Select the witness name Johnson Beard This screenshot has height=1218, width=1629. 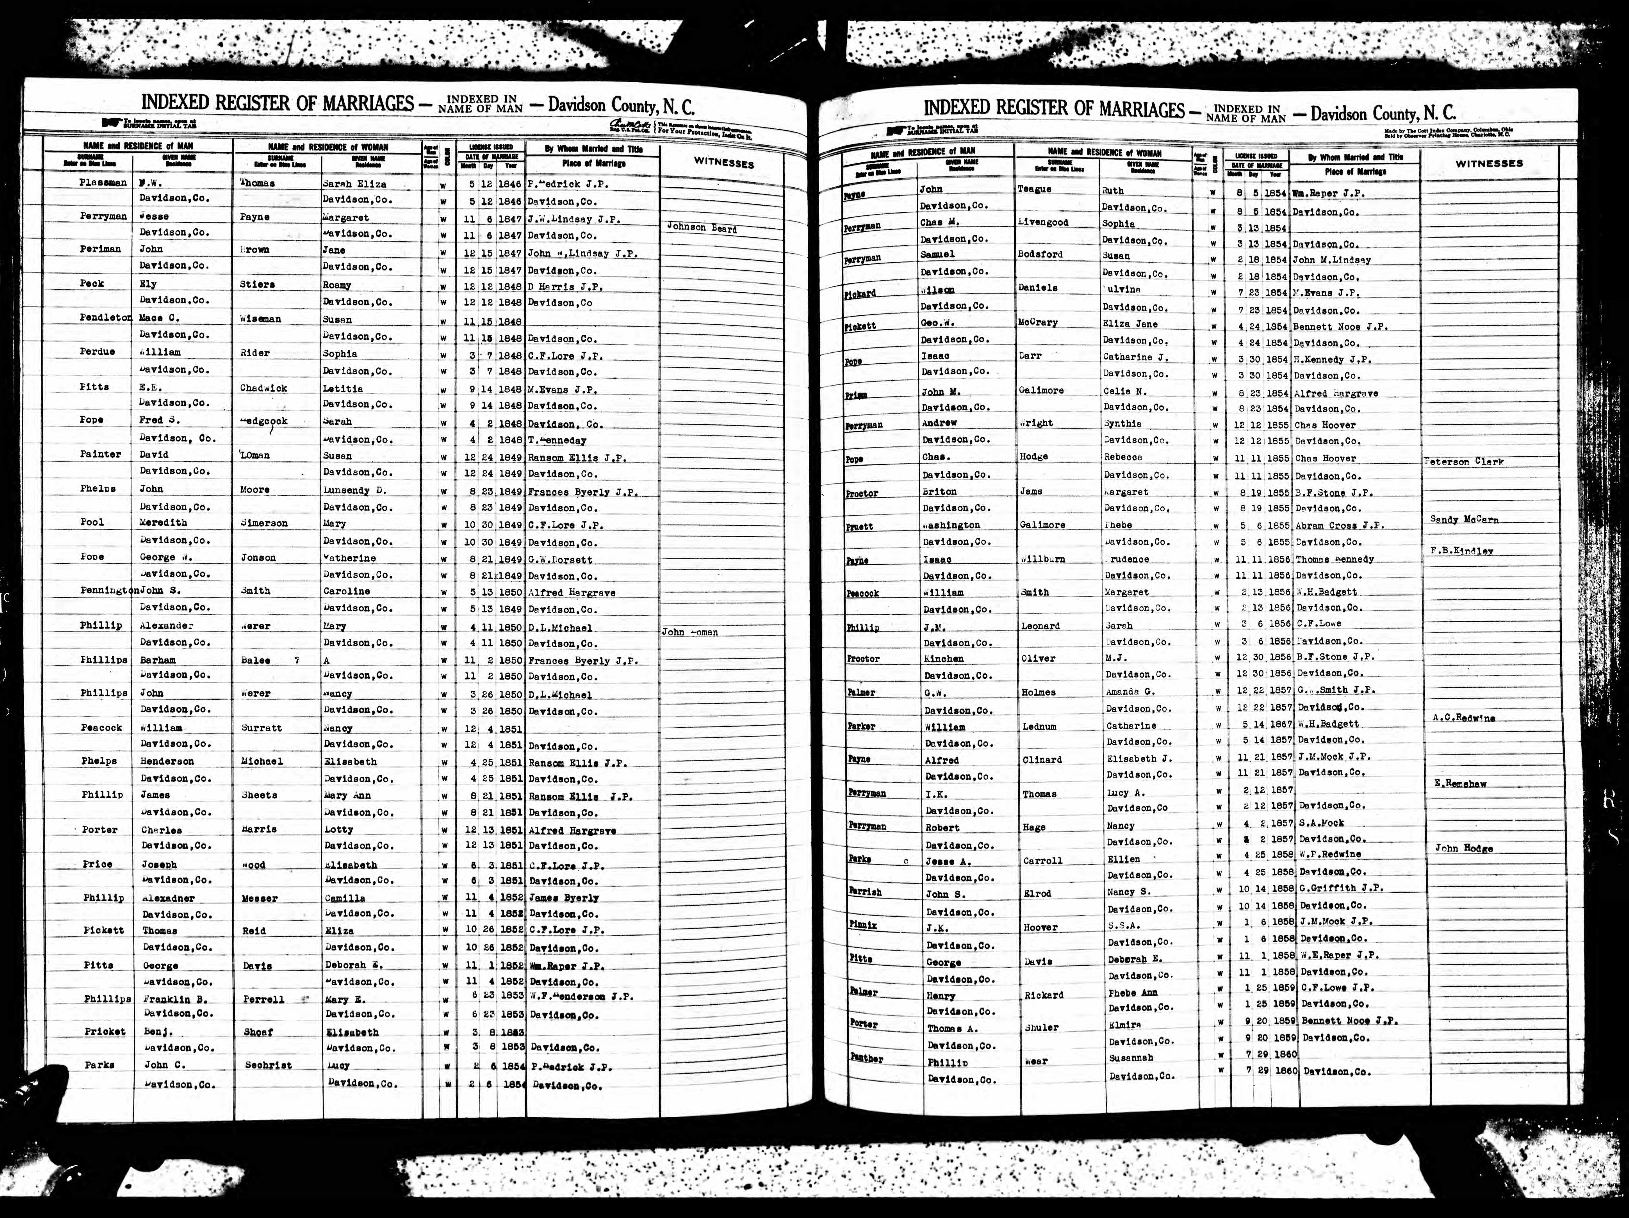pyautogui.click(x=702, y=228)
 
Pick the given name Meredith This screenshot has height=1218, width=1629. pyautogui.click(x=163, y=523)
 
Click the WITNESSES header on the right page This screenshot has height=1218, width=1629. pyautogui.click(x=1489, y=164)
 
